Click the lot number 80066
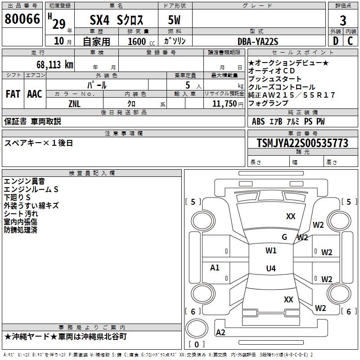(22, 19)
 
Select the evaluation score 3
(343, 20)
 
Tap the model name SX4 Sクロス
(117, 20)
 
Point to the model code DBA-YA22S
(258, 41)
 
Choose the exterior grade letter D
(335, 41)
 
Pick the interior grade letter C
(351, 41)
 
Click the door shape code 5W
(174, 20)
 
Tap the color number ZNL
(75, 103)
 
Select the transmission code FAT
(13, 94)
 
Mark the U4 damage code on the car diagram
(270, 269)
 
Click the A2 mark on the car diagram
(220, 333)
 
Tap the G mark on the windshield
(284, 237)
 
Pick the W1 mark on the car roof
(271, 251)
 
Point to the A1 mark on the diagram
(215, 268)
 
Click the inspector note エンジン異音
(24, 181)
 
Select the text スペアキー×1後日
(39, 143)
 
